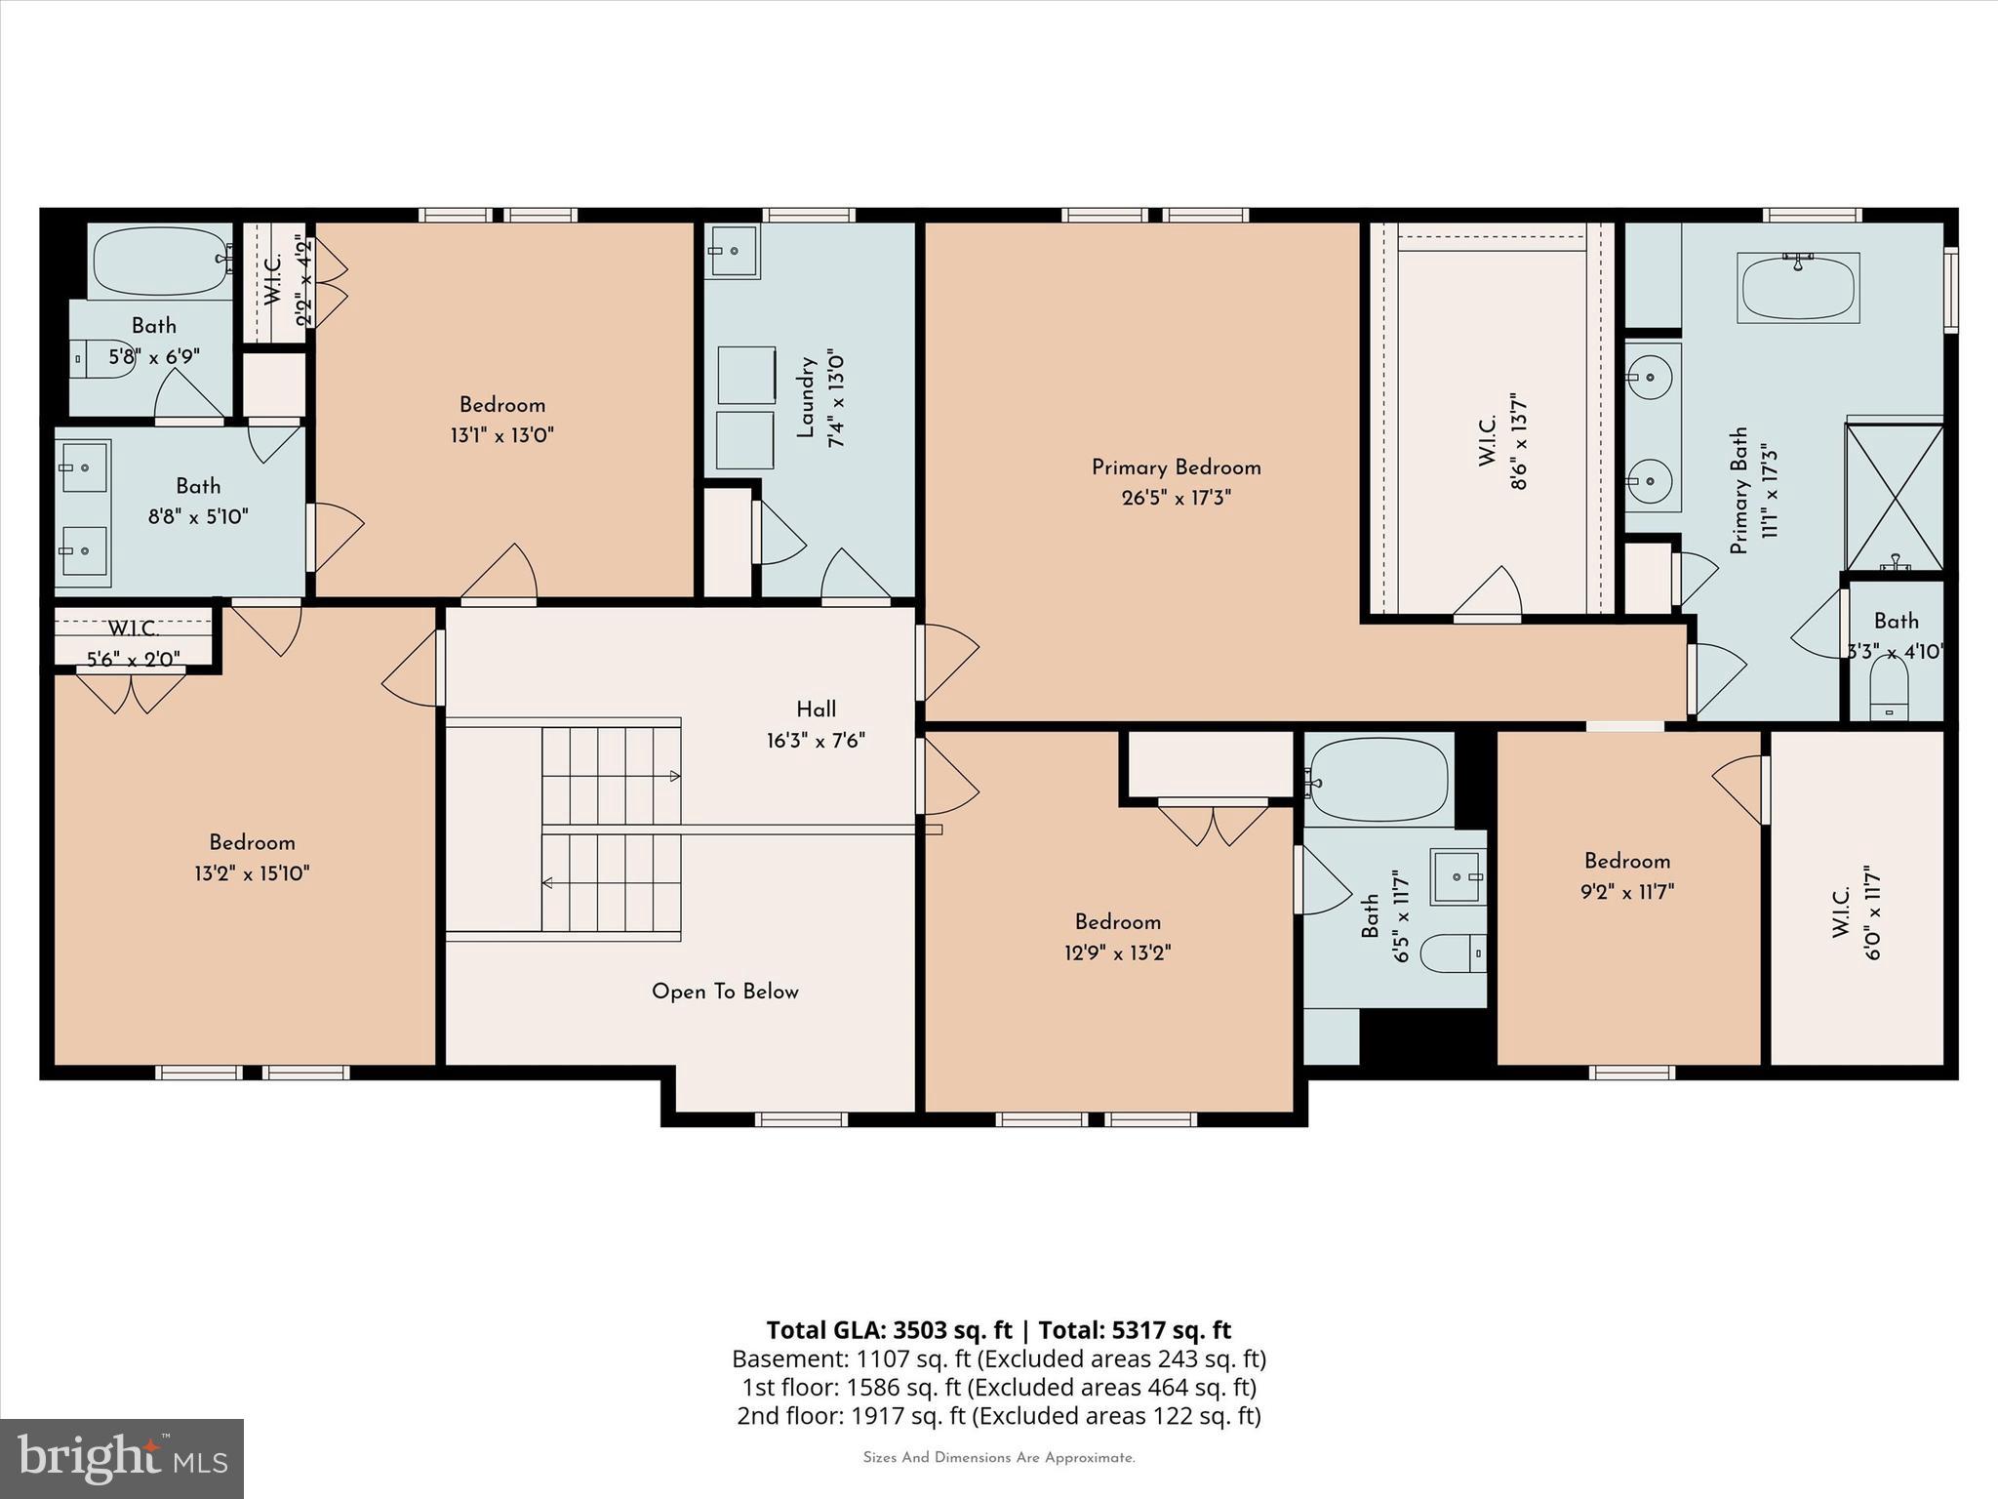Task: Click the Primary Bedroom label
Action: click(x=1176, y=467)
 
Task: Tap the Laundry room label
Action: click(x=806, y=397)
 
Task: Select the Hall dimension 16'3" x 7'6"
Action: click(x=816, y=741)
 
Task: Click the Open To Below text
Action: click(x=725, y=992)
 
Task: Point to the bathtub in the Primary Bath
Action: click(x=1797, y=288)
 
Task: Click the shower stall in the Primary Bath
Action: click(x=1894, y=497)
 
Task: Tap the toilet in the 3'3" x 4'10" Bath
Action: click(x=1889, y=691)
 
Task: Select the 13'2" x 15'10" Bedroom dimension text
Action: click(x=252, y=873)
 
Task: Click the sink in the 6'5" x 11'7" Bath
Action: click(x=1458, y=876)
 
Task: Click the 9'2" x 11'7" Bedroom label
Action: click(x=1626, y=861)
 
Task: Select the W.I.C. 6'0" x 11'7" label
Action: click(x=1842, y=912)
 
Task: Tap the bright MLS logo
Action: click(x=122, y=1458)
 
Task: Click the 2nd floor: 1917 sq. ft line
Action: click(x=998, y=1415)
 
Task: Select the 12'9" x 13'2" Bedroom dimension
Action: click(x=1117, y=952)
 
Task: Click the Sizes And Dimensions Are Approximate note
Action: click(x=998, y=1458)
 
